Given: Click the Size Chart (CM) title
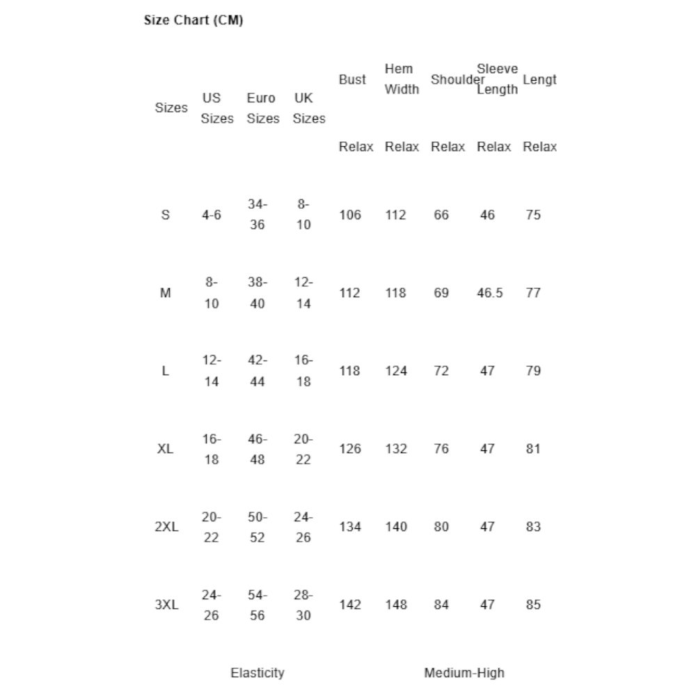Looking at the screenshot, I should click(x=193, y=21).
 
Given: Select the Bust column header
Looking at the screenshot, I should click(x=352, y=79).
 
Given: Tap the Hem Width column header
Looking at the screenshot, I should click(x=402, y=79).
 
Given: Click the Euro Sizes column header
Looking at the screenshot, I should click(x=262, y=108).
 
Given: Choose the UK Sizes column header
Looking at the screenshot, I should click(x=308, y=108).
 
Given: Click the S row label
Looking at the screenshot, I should click(x=165, y=215).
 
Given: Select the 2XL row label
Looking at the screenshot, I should click(x=166, y=527).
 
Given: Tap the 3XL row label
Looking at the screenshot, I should click(x=166, y=605).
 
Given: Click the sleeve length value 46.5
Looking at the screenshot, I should click(x=489, y=293).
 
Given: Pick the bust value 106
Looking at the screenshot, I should click(x=350, y=215).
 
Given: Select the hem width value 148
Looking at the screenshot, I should click(x=396, y=605).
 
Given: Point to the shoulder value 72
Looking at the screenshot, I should click(x=441, y=371).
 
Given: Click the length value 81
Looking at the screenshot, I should click(x=533, y=449).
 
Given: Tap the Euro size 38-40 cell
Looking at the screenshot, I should click(x=258, y=293).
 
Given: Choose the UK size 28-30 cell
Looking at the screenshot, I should click(x=303, y=605).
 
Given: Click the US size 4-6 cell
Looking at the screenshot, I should click(x=212, y=215).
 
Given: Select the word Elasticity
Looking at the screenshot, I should click(x=258, y=673).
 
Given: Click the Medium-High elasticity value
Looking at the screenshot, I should click(x=464, y=673).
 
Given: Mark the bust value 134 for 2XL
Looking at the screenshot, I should click(x=350, y=527).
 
